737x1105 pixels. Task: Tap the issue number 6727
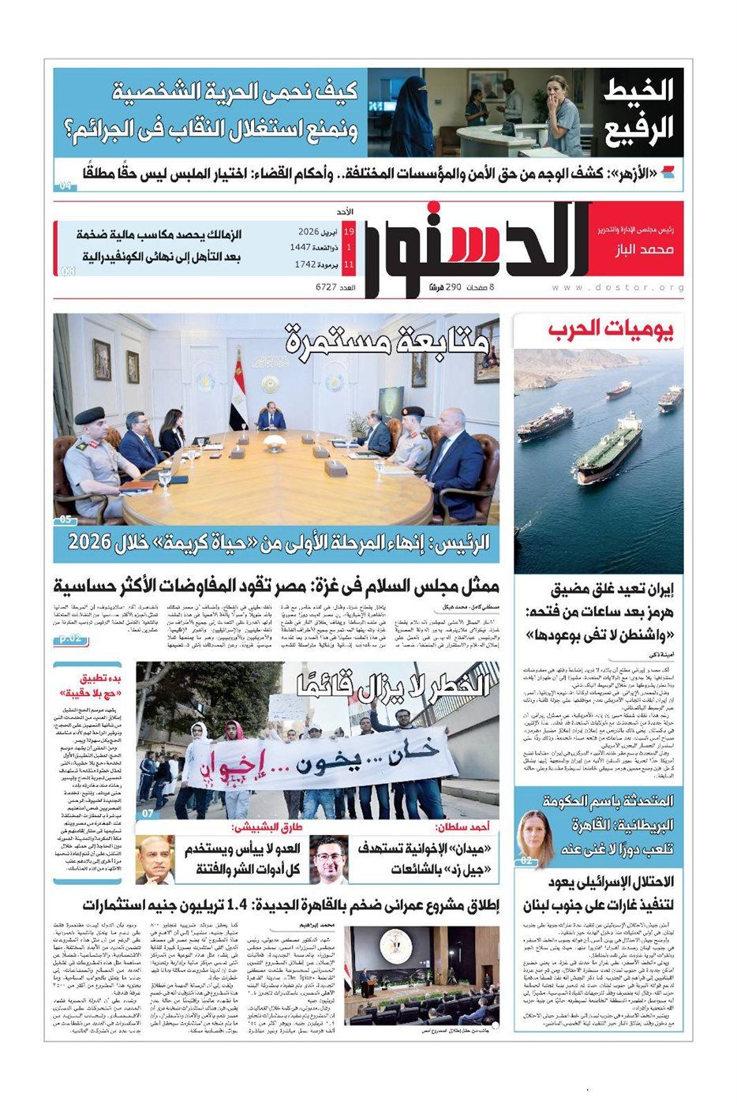[334, 288]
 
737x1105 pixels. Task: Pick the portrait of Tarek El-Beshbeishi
[155, 860]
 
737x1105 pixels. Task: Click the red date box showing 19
[348, 232]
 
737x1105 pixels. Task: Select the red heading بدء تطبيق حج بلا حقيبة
[88, 685]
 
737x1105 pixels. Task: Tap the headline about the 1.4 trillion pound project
[276, 905]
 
